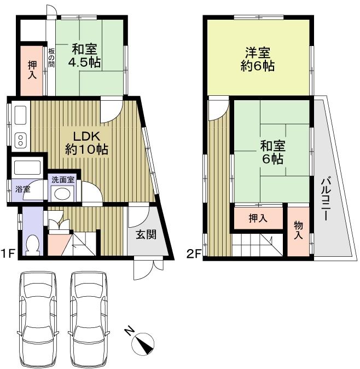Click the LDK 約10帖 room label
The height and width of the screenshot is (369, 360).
click(86, 142)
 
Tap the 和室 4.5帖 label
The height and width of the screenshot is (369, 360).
click(84, 55)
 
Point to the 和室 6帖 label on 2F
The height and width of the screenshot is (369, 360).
click(271, 153)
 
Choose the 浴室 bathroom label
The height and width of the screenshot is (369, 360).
click(22, 189)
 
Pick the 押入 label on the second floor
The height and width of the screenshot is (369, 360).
click(258, 218)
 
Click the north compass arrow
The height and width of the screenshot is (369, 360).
click(143, 343)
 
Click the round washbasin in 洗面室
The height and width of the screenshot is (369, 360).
click(62, 193)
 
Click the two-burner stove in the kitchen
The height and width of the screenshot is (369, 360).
click(20, 139)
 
